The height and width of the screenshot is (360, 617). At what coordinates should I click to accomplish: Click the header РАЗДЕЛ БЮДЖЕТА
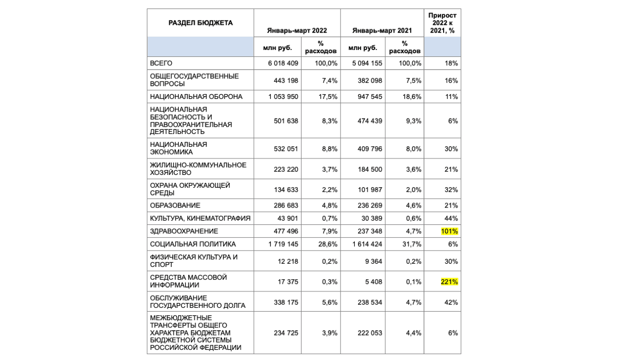(201, 23)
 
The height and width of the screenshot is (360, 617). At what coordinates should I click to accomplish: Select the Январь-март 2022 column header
(297, 31)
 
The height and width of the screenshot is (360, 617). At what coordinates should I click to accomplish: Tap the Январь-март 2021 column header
(382, 31)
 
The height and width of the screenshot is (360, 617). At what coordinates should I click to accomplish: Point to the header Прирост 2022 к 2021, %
(443, 23)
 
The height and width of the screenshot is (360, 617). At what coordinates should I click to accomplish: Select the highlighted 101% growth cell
(449, 231)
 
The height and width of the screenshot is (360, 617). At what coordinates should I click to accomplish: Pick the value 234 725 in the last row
(286, 332)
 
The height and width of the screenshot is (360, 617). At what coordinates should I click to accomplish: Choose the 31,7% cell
(413, 244)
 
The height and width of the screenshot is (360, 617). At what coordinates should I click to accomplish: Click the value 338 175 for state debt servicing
(286, 302)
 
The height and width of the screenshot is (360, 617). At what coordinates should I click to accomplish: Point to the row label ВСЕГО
(161, 63)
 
